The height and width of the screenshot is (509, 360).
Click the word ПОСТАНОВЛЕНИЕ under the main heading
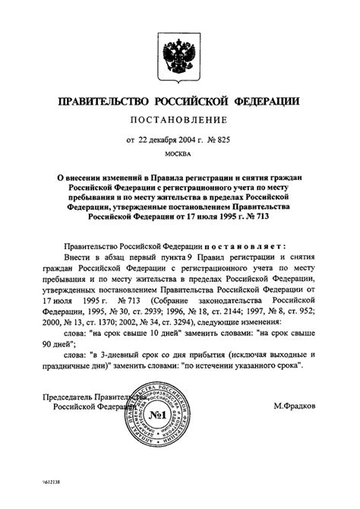pyautogui.click(x=179, y=119)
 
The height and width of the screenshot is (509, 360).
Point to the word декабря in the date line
pyautogui.click(x=168, y=138)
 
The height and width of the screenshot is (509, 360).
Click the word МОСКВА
pyautogui.click(x=180, y=156)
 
